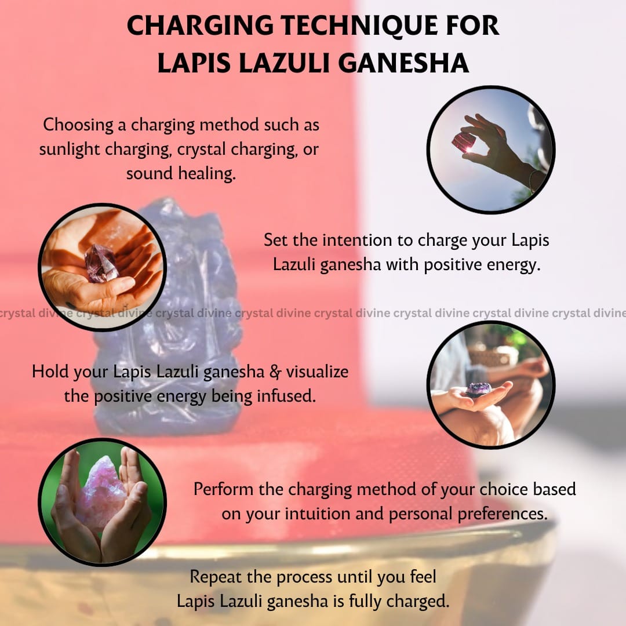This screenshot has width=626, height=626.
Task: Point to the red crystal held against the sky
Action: pos(463,142)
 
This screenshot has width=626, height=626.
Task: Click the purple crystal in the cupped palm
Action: pos(101,264)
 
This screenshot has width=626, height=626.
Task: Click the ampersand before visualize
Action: pos(275,372)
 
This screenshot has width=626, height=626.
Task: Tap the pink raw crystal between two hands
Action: pos(101,494)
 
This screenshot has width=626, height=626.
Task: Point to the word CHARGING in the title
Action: pos(200,26)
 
